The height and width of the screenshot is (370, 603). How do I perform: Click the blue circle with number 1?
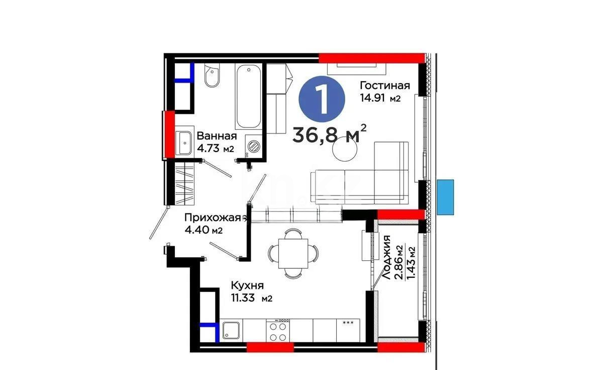coord(322,98)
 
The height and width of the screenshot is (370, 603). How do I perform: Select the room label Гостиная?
coord(385,86)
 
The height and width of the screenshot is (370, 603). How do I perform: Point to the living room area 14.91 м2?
coord(380,98)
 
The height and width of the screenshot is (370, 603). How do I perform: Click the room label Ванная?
coord(217,136)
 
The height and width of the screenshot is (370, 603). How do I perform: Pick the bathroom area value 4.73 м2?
coord(216,149)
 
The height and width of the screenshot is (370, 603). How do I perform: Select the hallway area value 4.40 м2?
coord(204,231)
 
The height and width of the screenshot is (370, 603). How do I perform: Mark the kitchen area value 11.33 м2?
coord(251,298)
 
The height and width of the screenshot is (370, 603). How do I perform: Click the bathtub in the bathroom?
coord(249,97)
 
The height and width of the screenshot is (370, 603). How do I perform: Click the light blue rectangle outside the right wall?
coord(445,197)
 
